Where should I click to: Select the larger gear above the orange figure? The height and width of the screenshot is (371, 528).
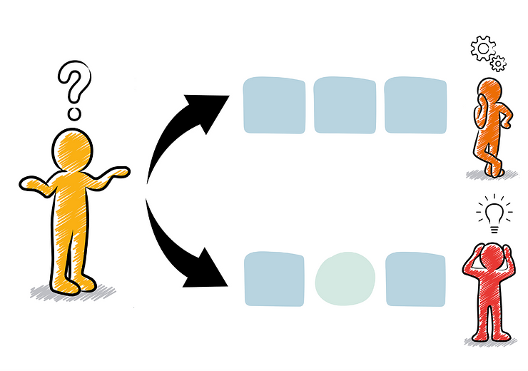483,49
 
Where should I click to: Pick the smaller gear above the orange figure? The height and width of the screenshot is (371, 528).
498,63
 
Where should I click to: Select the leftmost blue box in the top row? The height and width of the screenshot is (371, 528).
274,106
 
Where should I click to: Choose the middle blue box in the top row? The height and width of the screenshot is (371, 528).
345,106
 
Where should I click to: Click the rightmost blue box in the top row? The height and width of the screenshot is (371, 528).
416,106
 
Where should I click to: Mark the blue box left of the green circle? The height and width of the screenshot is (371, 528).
274,279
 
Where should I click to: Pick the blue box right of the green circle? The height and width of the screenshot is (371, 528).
416,279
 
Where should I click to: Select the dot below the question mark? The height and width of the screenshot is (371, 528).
73,113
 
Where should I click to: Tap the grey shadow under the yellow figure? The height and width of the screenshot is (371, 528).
71,291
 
